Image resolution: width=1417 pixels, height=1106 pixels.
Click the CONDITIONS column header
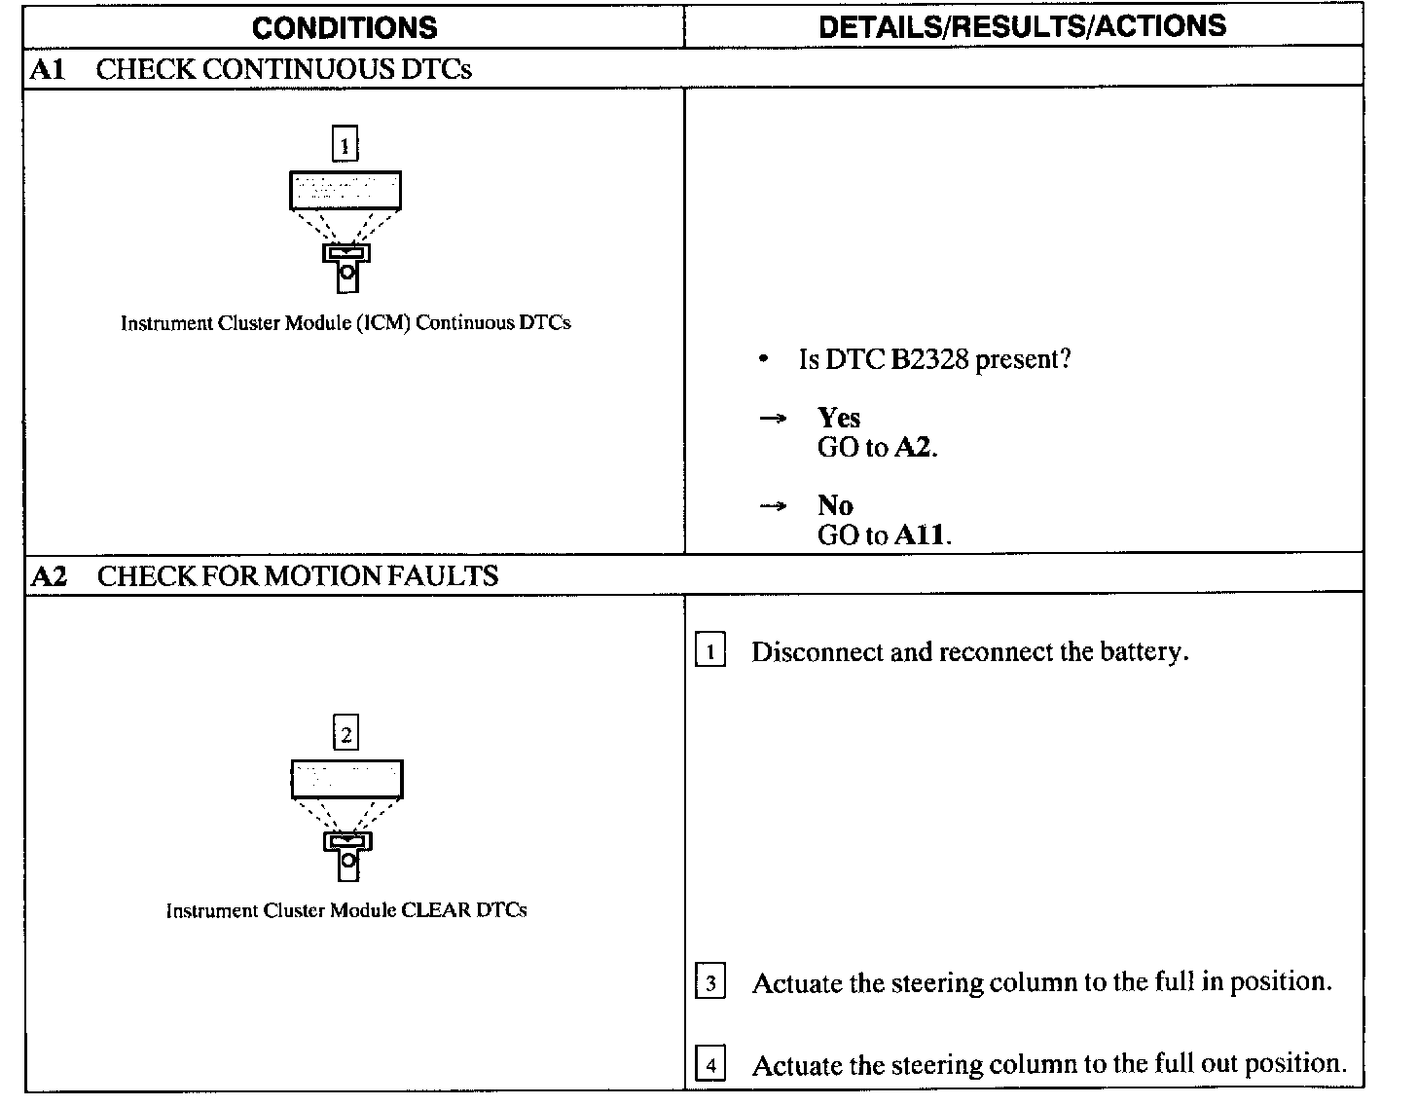click(345, 27)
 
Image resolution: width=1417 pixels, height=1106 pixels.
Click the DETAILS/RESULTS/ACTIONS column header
click(1022, 26)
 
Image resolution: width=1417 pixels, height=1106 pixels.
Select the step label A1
click(47, 69)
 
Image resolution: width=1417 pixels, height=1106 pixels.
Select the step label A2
click(49, 576)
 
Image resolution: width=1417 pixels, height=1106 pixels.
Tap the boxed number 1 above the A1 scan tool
click(345, 145)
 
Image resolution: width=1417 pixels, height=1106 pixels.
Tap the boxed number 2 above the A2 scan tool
click(346, 735)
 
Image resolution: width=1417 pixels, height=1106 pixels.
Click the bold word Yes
click(839, 418)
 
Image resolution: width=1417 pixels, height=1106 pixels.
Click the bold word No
click(835, 505)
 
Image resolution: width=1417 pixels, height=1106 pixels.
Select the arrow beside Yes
click(773, 419)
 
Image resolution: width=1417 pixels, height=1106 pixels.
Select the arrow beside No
click(773, 506)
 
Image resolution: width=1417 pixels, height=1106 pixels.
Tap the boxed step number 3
click(710, 983)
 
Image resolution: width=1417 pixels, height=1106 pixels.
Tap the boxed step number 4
click(710, 1065)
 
